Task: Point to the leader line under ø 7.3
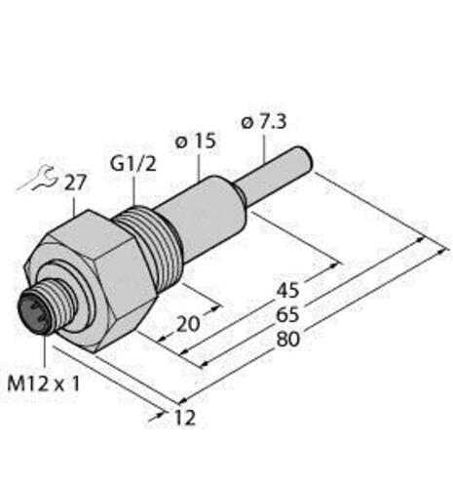click(264, 146)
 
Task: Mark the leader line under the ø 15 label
click(198, 167)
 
